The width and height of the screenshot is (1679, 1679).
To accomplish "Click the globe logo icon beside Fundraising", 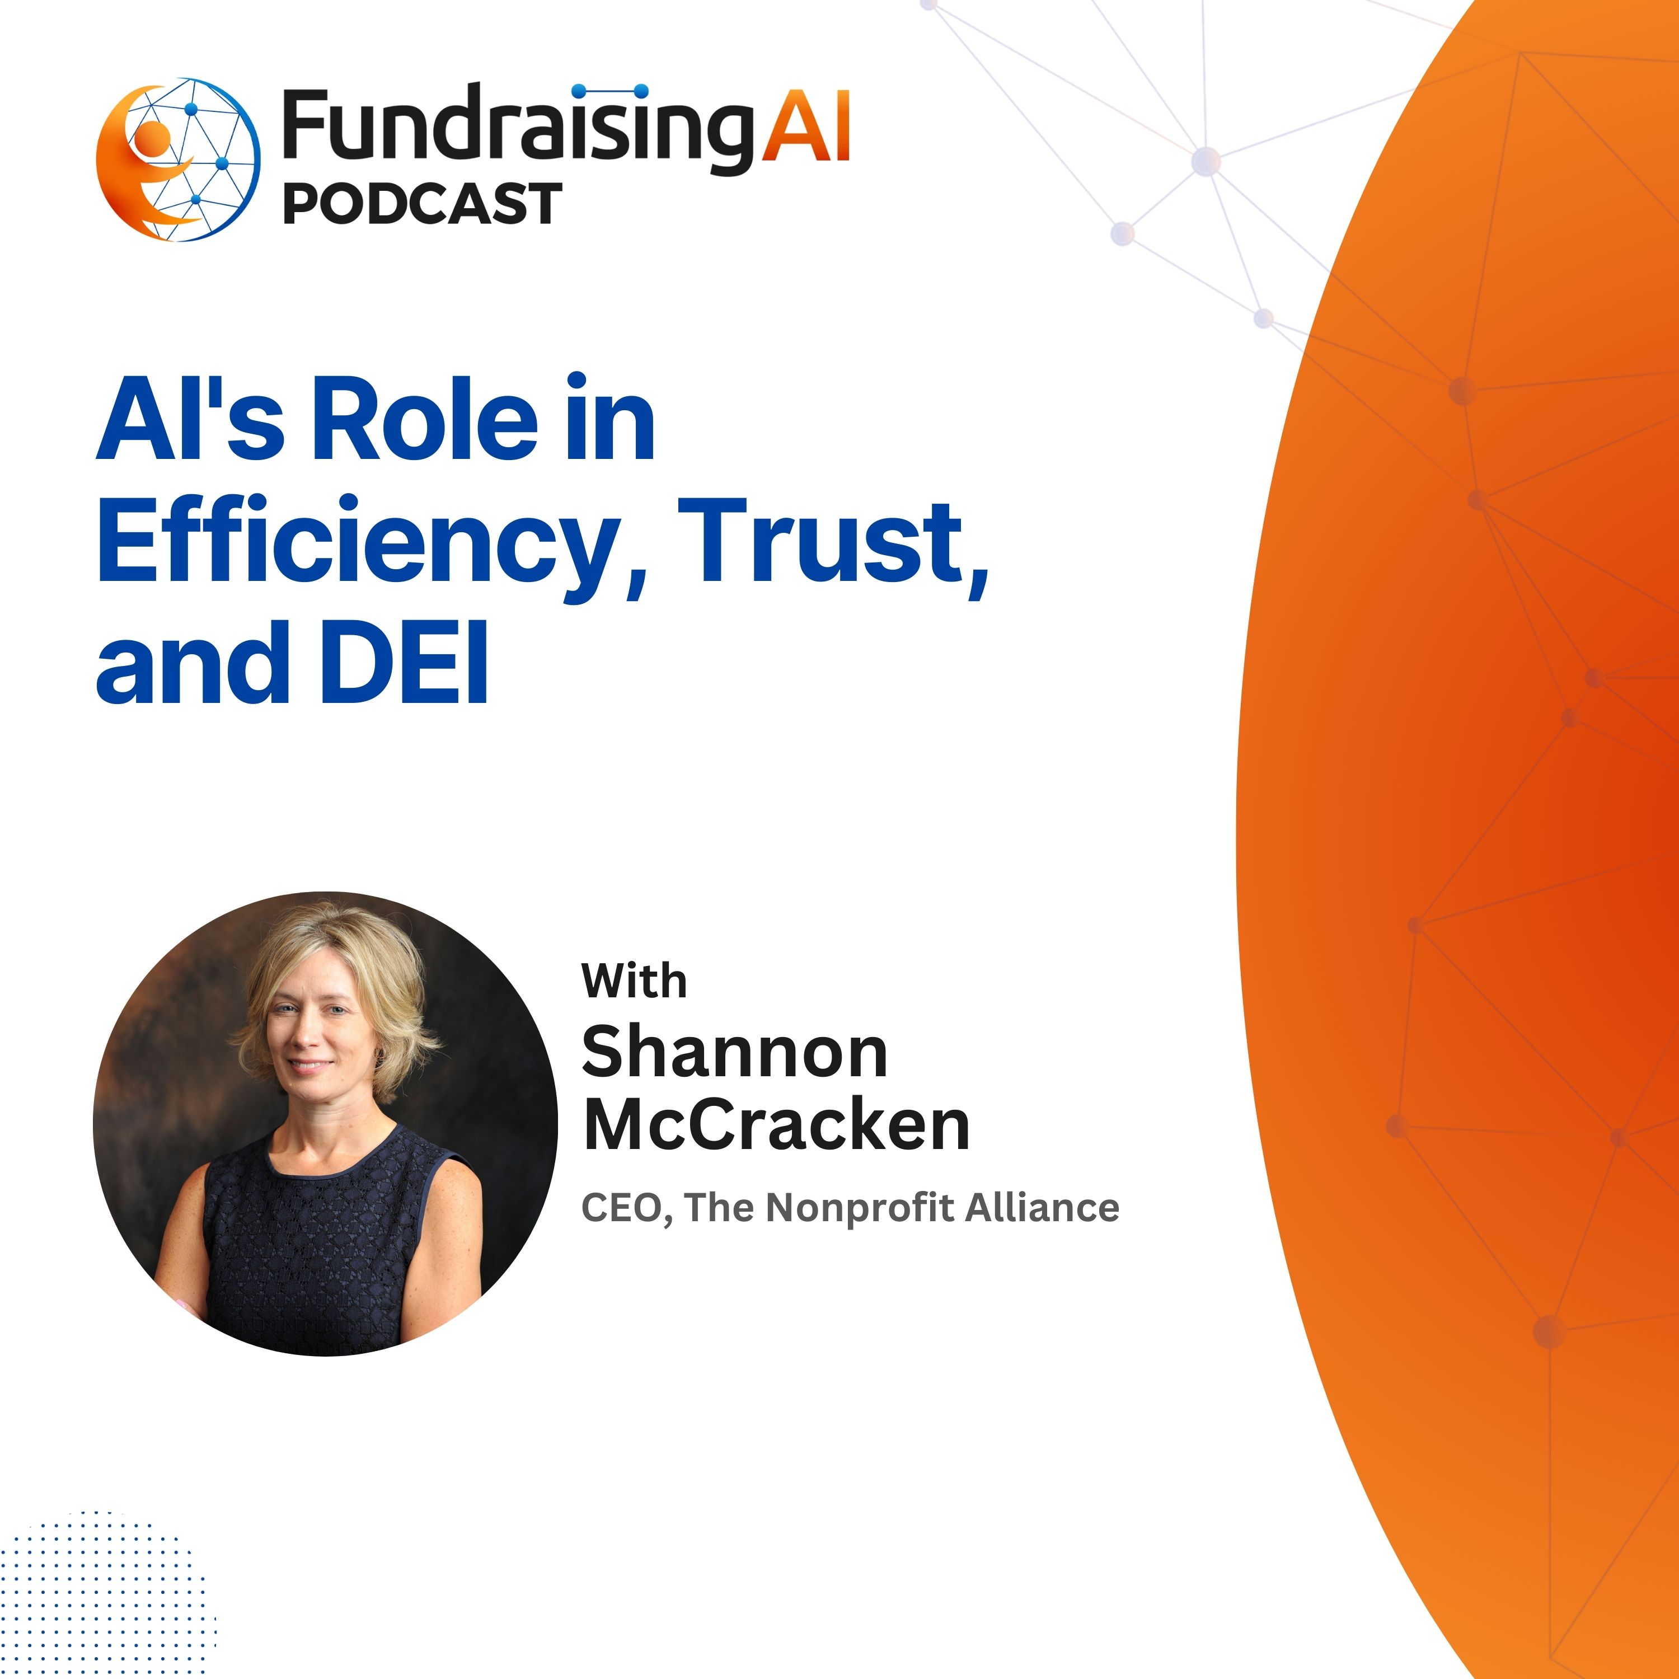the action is click(x=177, y=161).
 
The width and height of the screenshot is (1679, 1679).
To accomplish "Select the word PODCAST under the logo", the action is click(x=423, y=203).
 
